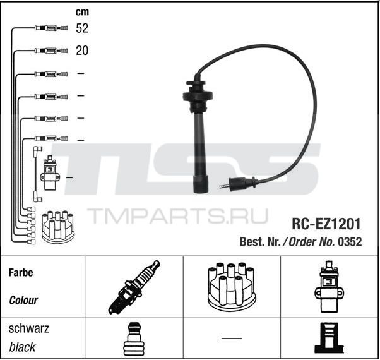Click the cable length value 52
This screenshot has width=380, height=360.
[x=82, y=28]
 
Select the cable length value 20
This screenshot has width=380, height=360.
[x=82, y=51]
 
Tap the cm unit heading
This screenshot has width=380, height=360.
[x=82, y=12]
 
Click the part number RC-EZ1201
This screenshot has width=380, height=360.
[x=326, y=224]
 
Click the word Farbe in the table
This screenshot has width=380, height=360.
[x=21, y=273]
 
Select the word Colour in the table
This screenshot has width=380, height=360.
[x=23, y=301]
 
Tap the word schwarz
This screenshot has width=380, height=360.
[x=29, y=328]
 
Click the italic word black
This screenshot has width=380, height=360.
[x=22, y=347]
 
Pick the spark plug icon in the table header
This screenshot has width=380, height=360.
[x=134, y=287]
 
